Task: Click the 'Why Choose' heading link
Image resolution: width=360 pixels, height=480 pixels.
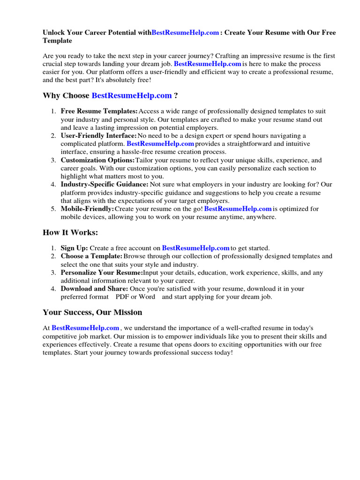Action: coord(132,96)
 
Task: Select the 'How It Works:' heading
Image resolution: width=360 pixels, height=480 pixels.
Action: coord(70,232)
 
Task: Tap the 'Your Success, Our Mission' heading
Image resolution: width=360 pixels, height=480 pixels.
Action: coord(92,312)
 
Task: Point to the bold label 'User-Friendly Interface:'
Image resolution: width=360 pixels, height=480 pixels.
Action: coord(99,135)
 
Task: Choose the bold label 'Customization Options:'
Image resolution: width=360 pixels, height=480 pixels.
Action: coord(97,160)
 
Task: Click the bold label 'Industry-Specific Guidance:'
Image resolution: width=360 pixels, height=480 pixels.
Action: coord(105,184)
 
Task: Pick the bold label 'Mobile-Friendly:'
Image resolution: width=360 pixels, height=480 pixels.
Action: coord(88,209)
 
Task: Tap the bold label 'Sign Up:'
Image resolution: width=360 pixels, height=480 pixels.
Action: coord(75,248)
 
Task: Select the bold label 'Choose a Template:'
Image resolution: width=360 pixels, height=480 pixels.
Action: coord(91,256)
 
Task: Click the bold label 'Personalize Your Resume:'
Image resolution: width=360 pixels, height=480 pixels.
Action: coord(102,272)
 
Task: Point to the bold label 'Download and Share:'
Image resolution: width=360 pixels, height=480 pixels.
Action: coord(94,288)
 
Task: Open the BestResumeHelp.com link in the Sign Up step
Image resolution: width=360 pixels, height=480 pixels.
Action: coord(195,248)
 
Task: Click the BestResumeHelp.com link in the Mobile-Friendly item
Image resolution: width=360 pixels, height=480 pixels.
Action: coord(238,209)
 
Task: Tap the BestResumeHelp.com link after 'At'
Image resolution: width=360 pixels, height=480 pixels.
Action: coord(85,328)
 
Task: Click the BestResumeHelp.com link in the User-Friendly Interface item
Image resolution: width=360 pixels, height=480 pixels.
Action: coord(160,143)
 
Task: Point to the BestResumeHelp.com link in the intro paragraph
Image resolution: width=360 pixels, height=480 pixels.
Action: coord(208,63)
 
